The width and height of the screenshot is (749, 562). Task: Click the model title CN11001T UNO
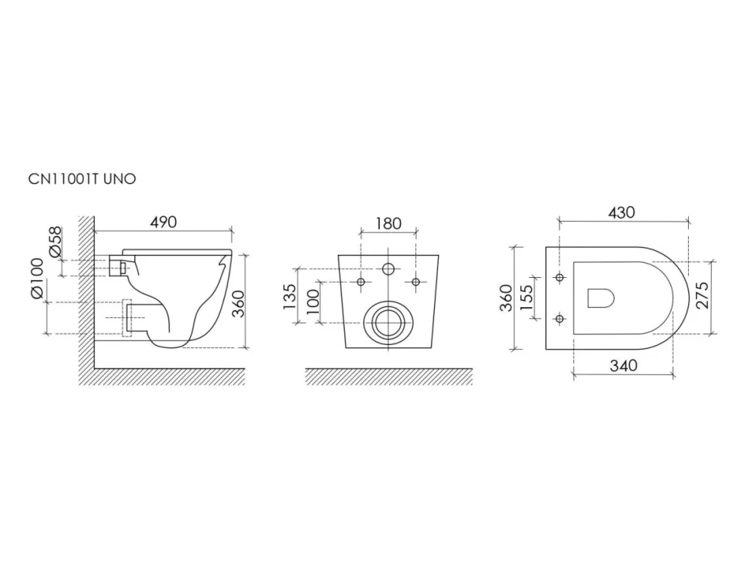click(x=82, y=178)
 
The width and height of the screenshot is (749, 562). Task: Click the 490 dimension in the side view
click(x=164, y=222)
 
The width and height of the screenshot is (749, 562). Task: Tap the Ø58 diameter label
click(x=56, y=242)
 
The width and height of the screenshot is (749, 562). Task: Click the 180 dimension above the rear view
click(x=388, y=223)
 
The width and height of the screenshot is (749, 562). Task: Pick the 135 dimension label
click(x=290, y=296)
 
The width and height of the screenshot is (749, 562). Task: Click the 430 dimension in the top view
click(x=622, y=212)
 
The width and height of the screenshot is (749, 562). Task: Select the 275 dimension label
click(x=702, y=296)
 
